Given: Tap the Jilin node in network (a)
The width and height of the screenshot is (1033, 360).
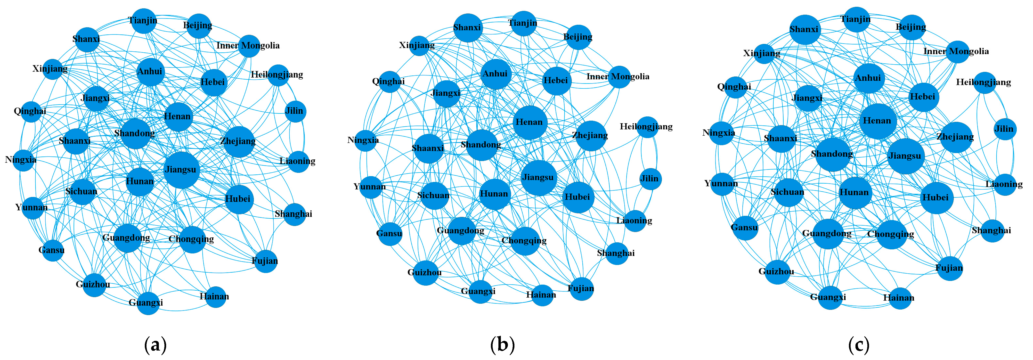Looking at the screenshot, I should pos(295,111).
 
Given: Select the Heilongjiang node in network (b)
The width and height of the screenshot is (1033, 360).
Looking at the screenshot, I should pos(647,127).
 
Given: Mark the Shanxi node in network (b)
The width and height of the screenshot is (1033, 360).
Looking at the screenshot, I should pos(468,28).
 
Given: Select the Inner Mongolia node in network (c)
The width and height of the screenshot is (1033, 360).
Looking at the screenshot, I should pos(958,52).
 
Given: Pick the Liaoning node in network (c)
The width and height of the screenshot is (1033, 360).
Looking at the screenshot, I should pos(1005,184).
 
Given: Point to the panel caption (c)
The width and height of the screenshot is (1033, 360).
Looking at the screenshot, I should pos(859,345).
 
